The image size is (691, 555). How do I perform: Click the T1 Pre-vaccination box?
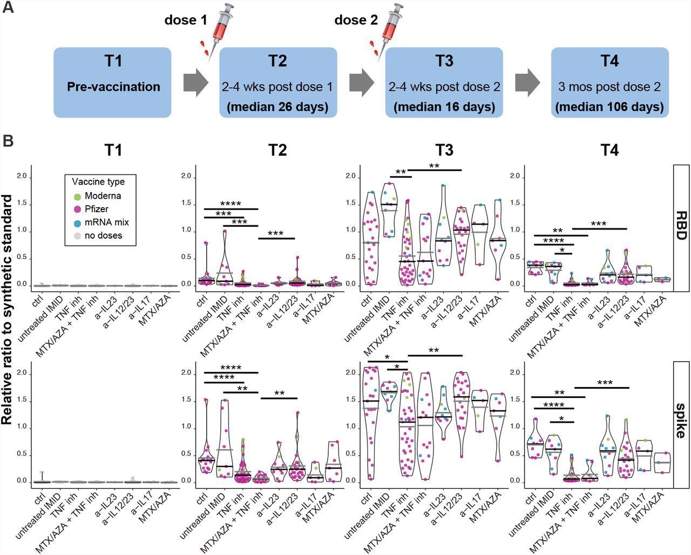tap(112, 82)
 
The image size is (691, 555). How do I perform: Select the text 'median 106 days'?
tap(609, 106)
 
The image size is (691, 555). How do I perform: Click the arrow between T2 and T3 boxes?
tap(362, 83)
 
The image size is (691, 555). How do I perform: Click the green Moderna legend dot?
tap(78, 196)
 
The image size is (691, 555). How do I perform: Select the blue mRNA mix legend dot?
tap(78, 222)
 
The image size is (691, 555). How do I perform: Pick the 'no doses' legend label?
tap(103, 235)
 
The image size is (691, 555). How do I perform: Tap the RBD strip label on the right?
tap(681, 227)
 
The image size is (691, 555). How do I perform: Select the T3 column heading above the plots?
tap(444, 151)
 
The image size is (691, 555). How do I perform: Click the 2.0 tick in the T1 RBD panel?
tap(23, 177)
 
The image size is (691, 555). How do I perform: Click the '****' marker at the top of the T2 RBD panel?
tap(231, 204)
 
